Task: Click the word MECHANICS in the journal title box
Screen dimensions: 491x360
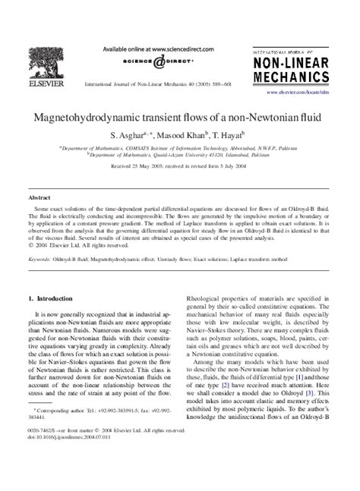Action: [x=296, y=77]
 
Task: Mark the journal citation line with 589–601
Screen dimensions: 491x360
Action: [x=164, y=83]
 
